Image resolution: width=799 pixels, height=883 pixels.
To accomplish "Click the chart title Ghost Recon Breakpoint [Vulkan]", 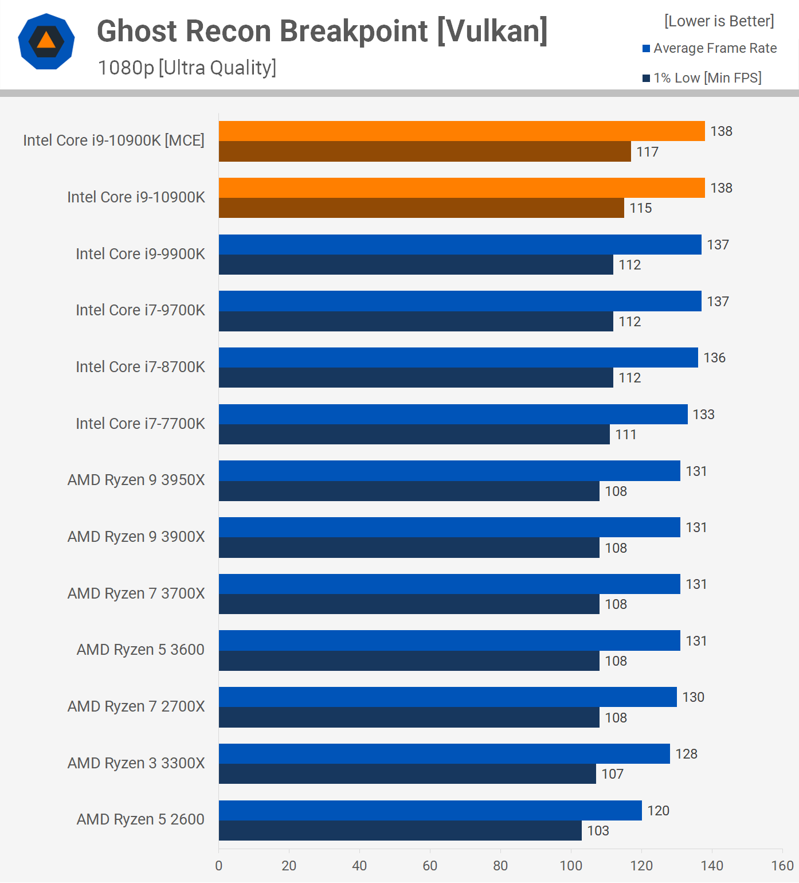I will [322, 31].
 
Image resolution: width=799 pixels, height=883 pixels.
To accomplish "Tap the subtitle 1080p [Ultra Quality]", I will [187, 68].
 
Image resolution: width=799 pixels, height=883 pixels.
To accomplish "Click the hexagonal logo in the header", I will [46, 41].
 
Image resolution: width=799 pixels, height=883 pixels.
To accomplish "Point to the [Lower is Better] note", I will [719, 21].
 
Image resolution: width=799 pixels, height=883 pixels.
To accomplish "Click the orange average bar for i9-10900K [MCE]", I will [461, 131].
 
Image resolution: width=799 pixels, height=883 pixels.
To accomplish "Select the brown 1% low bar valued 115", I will [421, 208].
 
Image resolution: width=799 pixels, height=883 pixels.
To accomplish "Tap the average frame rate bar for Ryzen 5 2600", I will [430, 811].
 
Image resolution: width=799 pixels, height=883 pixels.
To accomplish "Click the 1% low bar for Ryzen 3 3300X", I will [407, 774].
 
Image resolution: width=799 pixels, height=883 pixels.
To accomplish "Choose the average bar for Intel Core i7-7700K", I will [453, 415].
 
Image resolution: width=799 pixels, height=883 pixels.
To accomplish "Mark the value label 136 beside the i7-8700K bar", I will [714, 358].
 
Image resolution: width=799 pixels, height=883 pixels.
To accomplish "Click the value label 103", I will [598, 831].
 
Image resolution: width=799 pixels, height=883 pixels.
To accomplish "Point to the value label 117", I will [647, 152].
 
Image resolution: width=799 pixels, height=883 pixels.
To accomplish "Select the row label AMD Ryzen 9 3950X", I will [136, 480].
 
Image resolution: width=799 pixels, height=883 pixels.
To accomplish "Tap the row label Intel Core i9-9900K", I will [140, 254].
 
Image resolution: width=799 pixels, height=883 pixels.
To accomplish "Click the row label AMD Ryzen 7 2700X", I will [136, 706].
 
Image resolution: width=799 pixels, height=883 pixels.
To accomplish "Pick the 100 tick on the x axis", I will [571, 866].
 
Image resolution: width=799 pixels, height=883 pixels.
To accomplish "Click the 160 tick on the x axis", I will [782, 866].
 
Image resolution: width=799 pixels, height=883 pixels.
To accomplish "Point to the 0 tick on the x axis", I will [218, 866].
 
